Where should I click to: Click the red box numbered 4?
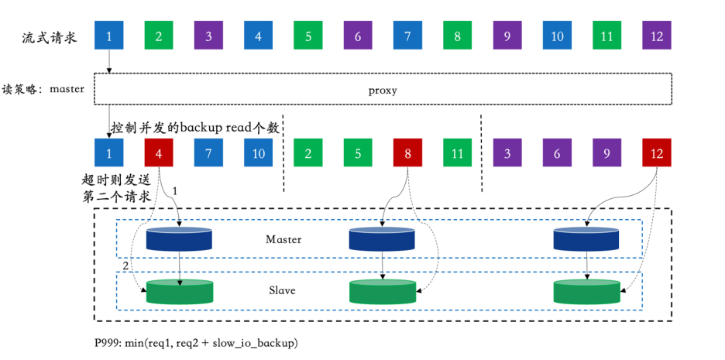point(159,153)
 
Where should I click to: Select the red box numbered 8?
point(408,153)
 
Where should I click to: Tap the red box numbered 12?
point(657,153)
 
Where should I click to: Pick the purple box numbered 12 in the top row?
point(657,36)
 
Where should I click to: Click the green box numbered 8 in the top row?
point(458,36)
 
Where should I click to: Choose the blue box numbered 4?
point(259,36)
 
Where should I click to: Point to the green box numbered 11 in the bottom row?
point(458,153)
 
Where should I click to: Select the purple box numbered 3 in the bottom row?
point(507,153)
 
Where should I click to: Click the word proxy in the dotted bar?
point(383,90)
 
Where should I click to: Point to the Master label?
point(283,239)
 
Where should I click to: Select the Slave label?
point(283,290)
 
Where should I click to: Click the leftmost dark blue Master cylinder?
point(180,239)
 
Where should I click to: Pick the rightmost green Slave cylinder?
point(586,291)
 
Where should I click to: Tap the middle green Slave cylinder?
point(383,291)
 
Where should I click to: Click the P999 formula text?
point(196,342)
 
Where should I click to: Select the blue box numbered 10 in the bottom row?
point(259,153)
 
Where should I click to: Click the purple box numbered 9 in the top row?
point(507,36)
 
